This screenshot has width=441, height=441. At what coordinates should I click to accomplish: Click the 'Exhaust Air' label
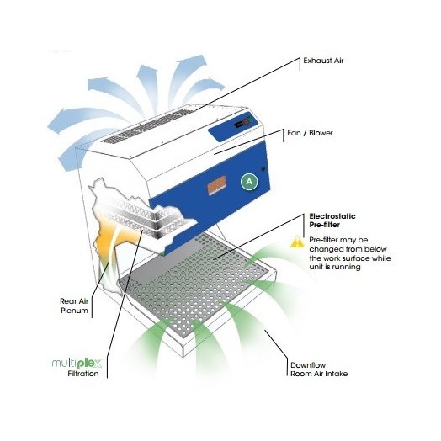[323, 61]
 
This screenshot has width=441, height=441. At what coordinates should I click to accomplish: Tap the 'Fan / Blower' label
[310, 133]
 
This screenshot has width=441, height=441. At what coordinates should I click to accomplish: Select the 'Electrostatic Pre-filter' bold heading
[332, 220]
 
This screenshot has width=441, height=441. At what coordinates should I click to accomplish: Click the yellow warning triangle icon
[297, 242]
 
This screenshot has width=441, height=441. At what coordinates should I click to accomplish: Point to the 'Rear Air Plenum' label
[74, 306]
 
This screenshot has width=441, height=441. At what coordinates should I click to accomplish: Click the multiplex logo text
[77, 363]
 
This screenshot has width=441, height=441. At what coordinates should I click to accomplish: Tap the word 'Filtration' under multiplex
[83, 374]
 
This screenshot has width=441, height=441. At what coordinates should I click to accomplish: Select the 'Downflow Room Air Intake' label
[319, 369]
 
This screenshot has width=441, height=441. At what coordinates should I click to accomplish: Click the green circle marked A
[249, 182]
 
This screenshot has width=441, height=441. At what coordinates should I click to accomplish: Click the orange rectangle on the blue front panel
[216, 184]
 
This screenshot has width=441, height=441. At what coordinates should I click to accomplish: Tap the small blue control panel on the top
[234, 126]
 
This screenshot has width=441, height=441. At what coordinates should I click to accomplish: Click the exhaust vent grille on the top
[147, 126]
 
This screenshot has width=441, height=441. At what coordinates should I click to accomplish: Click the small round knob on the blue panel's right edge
[263, 169]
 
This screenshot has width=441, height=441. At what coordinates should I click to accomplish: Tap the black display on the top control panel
[239, 124]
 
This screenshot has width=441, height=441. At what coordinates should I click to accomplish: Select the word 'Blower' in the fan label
[321, 133]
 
